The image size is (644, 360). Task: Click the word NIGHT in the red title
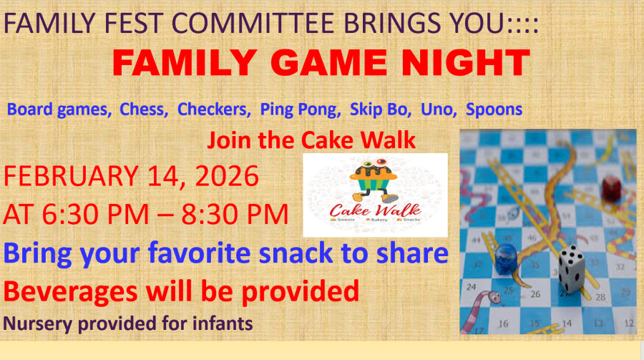click(x=466, y=62)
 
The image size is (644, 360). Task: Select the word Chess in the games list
click(x=144, y=110)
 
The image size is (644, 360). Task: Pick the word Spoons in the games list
click(x=494, y=110)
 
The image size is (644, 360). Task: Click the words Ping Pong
click(x=301, y=110)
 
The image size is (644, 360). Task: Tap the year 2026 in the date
click(x=227, y=176)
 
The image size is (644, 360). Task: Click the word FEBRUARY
click(x=71, y=176)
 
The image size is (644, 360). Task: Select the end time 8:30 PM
click(x=235, y=214)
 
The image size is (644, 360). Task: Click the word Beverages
click(x=70, y=291)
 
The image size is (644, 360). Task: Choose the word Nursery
click(x=38, y=323)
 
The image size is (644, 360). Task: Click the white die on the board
click(x=571, y=269)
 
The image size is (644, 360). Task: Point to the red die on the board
click(x=612, y=189)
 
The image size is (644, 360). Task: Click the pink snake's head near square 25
click(x=493, y=297)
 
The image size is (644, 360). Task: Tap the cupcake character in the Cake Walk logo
click(x=374, y=180)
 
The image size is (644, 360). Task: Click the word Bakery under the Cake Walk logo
click(x=379, y=220)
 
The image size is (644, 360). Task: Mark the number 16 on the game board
click(x=503, y=323)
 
